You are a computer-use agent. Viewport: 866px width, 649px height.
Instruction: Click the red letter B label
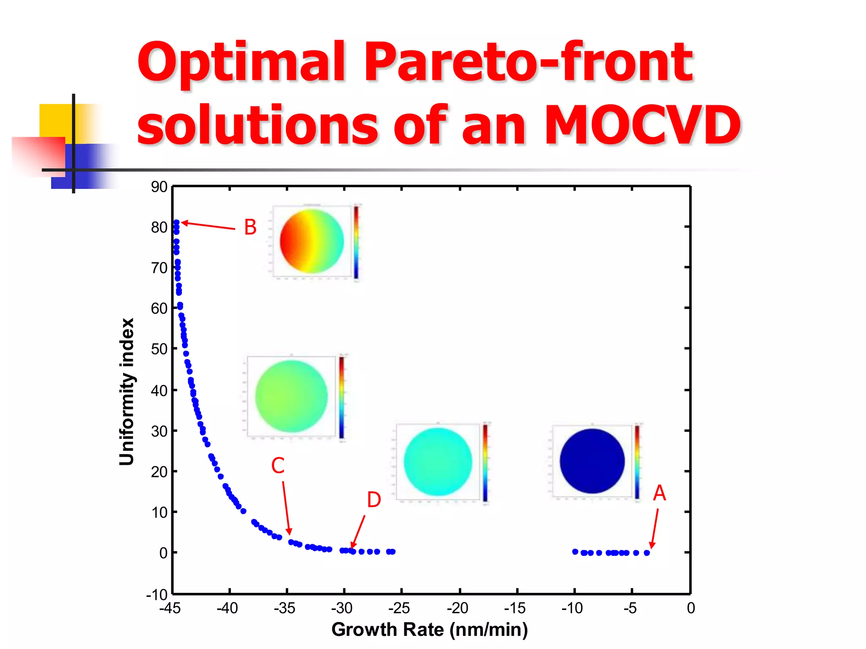pos(250,227)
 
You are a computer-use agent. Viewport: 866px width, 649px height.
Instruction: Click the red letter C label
pos(278,466)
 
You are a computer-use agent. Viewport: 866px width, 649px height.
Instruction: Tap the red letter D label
pos(374,500)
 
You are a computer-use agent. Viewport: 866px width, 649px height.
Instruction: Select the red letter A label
pos(659,494)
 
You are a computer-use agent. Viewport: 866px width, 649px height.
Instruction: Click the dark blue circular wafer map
pos(592,461)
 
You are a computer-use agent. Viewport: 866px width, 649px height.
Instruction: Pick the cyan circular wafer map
pos(438,461)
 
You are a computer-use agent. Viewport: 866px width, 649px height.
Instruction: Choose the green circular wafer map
pos(291,396)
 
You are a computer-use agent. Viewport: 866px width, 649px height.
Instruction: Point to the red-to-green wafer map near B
pos(312,241)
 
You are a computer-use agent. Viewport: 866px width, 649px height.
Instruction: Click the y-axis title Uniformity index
pos(126,392)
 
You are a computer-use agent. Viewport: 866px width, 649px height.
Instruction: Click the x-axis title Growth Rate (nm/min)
pos(429,630)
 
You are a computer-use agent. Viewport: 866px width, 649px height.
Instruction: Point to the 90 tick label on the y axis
pos(159,187)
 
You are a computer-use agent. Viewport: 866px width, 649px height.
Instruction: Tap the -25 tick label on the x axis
pos(399,608)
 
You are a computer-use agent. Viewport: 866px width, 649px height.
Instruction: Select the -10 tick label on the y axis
pos(156,595)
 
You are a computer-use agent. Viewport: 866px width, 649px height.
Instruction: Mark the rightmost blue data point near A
pos(647,553)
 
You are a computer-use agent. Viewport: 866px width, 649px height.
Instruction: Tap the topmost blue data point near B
pos(176,223)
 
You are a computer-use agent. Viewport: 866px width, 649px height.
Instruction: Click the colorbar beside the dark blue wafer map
pos(637,461)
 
